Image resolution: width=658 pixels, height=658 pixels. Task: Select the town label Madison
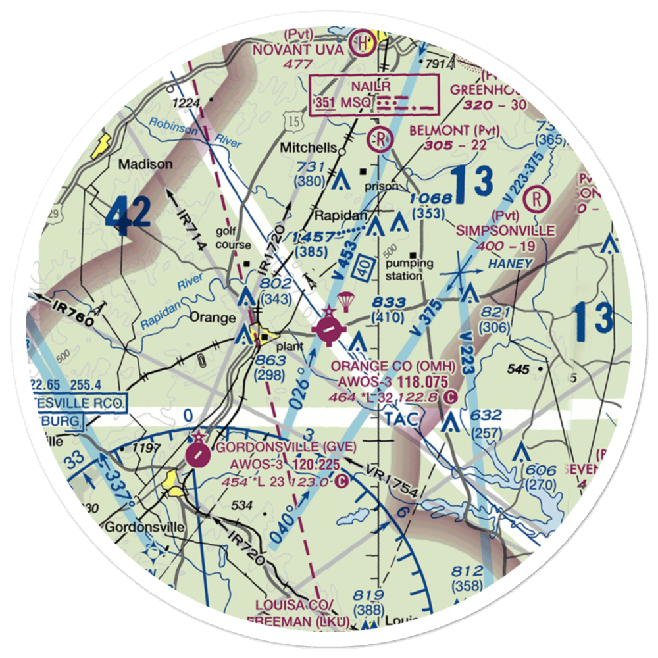point(145,164)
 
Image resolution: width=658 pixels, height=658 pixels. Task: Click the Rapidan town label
point(336,215)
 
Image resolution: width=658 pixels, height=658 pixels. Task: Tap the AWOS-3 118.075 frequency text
point(393,382)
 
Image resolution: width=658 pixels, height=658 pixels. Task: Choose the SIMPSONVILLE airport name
point(506,230)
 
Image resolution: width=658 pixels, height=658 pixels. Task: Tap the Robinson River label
point(195,132)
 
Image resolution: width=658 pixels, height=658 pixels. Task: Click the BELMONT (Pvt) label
point(454,130)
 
